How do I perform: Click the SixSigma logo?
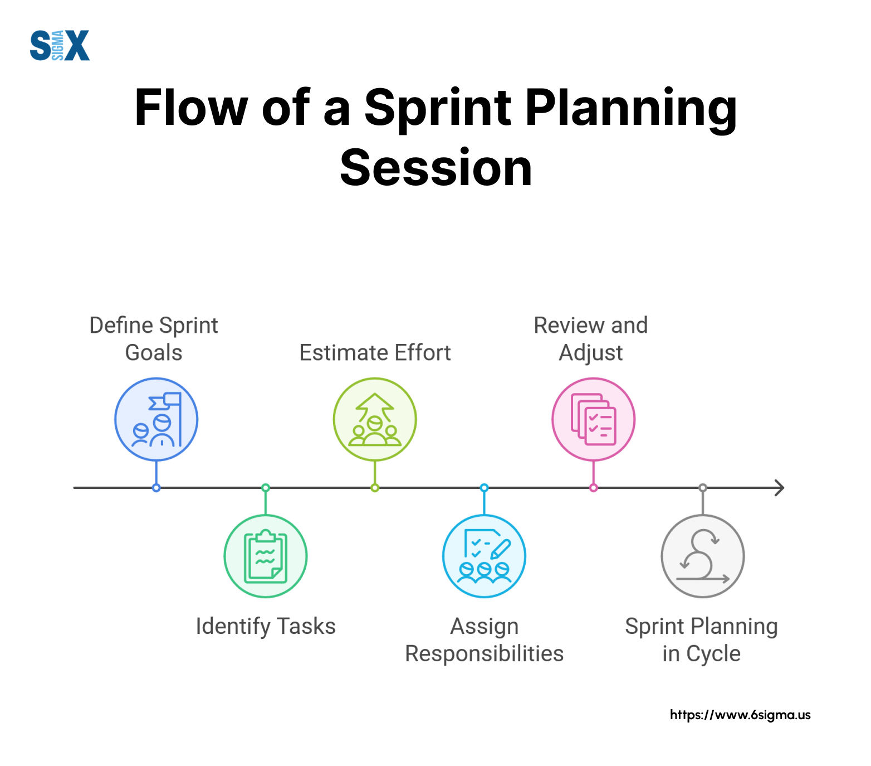[60, 45]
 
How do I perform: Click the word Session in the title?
[436, 168]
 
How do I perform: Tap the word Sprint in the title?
[438, 108]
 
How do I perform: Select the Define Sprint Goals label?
[154, 339]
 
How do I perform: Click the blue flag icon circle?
[156, 419]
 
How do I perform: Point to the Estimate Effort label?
[375, 353]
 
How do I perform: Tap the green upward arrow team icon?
[375, 419]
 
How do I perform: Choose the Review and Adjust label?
[591, 339]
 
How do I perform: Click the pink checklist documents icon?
[594, 419]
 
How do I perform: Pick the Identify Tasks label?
[266, 626]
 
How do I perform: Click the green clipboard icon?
[266, 556]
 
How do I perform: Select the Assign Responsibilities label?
[485, 640]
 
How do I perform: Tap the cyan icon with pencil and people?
[485, 556]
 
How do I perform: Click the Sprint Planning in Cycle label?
[702, 640]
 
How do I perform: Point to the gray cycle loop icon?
[703, 556]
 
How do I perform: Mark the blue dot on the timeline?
[156, 488]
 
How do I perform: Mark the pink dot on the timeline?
[594, 488]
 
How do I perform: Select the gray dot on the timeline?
[703, 488]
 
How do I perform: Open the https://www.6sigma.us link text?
[740, 715]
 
